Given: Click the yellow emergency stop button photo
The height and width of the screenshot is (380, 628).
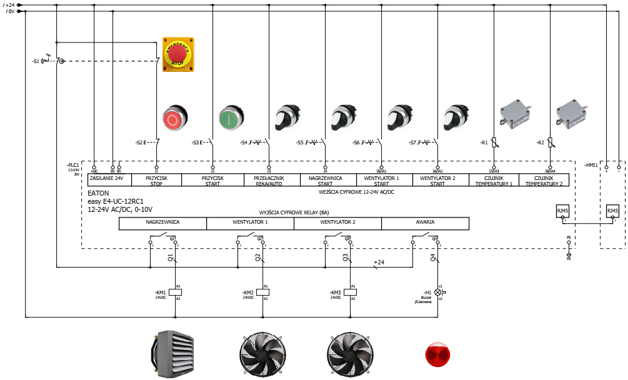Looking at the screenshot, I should pos(178,54).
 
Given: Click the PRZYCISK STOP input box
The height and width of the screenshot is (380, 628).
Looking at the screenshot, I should pos(156,179).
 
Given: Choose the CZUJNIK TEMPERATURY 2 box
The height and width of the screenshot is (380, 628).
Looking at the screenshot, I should pos(544,179).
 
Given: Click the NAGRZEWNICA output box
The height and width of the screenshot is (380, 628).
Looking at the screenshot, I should pos(162,222).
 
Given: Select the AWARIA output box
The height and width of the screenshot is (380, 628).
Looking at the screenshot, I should pos(425,222).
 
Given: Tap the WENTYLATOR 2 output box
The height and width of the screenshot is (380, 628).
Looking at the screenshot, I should pos(337,222).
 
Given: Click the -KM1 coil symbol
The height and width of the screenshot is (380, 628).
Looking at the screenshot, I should pos(175,292).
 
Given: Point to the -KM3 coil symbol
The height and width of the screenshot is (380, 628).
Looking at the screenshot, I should pos(350,292).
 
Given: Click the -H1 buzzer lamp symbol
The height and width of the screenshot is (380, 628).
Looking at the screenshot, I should pos(437,292).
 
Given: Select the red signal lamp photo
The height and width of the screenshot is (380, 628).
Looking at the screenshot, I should pos(437,353).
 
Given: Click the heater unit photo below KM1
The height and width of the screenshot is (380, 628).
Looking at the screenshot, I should pos(174,354).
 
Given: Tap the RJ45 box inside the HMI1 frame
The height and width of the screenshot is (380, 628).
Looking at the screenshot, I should pos(612,211).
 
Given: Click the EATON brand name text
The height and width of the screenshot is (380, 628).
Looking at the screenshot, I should pos(98,193).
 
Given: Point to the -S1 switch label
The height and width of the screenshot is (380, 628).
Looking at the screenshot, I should pos(36,61).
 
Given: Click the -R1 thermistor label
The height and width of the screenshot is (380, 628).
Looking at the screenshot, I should pos(484,143).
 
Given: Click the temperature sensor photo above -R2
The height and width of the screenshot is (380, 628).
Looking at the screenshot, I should pos(573,111).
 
